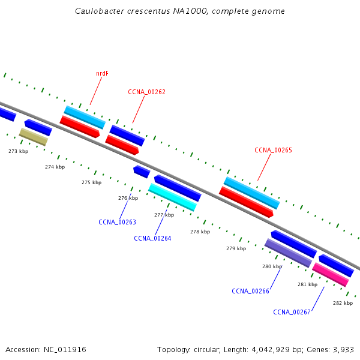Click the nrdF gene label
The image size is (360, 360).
click(102, 73)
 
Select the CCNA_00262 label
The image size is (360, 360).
click(147, 92)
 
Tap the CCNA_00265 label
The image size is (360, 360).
click(273, 150)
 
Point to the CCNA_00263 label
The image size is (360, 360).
click(118, 222)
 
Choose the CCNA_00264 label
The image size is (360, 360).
click(152, 238)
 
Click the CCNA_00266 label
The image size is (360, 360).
click(250, 291)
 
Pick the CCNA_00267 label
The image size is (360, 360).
click(292, 312)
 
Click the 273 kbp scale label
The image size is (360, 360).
click(19, 151)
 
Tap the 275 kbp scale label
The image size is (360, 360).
click(92, 182)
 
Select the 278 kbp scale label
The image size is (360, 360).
click(200, 232)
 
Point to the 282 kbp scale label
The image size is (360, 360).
click(343, 303)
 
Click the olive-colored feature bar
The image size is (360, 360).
click(34, 137)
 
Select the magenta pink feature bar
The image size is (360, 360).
click(331, 275)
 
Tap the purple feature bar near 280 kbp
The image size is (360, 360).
click(289, 253)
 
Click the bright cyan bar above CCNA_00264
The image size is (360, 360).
click(172, 197)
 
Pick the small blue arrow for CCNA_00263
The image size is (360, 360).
click(142, 172)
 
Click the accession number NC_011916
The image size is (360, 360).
click(65, 350)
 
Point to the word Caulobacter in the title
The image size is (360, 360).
click(100, 11)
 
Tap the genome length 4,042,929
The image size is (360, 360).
click(271, 350)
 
